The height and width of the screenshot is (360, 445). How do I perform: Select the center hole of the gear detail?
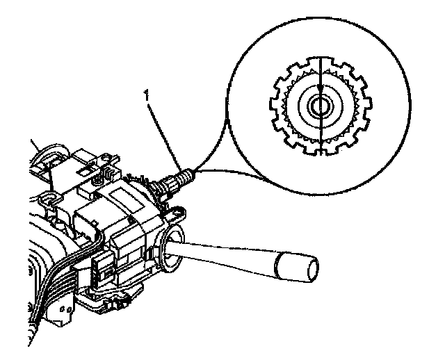tap(320, 107)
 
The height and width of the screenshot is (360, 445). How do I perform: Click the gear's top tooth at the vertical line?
tap(320, 64)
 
